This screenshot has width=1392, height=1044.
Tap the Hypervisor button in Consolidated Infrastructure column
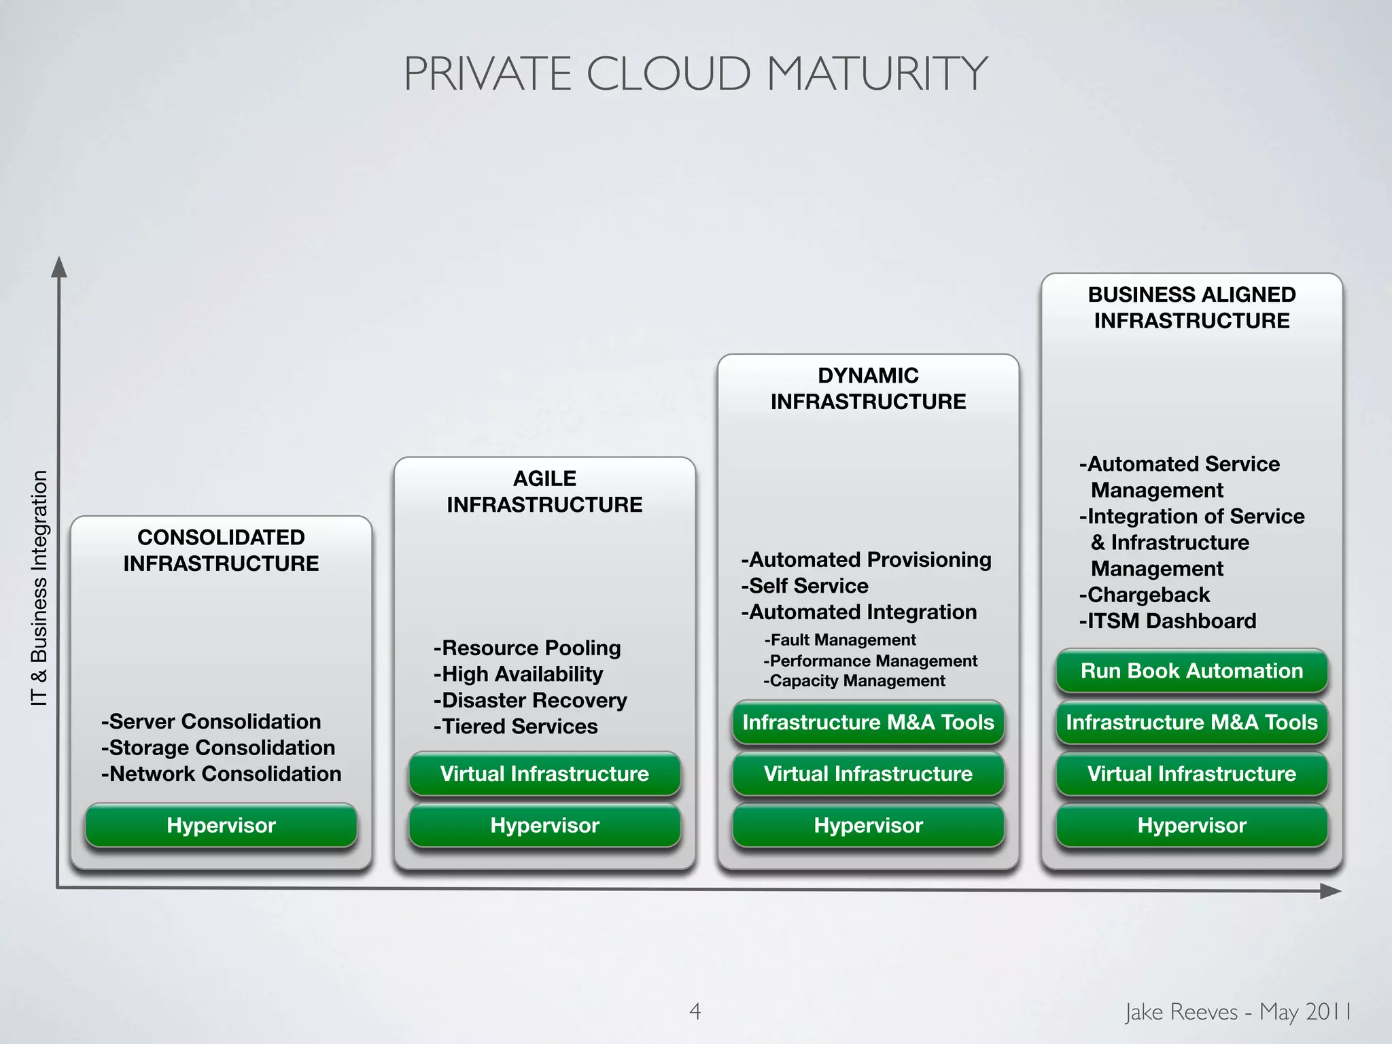[x=221, y=825]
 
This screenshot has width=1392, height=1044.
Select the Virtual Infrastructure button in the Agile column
[x=544, y=773]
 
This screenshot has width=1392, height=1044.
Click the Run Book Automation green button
[x=1191, y=671]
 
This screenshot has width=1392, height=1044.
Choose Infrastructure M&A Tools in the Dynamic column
[x=868, y=722]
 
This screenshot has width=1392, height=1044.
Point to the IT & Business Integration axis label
[x=39, y=588]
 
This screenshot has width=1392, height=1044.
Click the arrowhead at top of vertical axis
[x=60, y=267]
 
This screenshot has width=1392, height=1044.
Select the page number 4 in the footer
[x=695, y=1011]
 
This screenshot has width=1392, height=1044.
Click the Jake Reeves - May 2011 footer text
[x=1238, y=1011]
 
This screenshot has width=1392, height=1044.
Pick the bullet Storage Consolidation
[x=218, y=748]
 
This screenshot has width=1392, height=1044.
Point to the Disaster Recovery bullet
[x=530, y=700]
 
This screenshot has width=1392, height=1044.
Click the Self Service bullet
[x=805, y=586]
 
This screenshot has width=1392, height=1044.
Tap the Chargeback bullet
[x=1145, y=595]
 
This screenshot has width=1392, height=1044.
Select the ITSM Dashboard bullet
[x=1168, y=621]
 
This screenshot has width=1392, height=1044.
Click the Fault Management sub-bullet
[x=840, y=640]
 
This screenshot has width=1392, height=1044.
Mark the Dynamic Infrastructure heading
[x=868, y=388]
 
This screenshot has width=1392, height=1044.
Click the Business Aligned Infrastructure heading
[x=1191, y=307]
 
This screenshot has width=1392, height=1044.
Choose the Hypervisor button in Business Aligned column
[x=1191, y=825]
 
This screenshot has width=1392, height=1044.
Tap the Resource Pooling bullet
[x=527, y=648]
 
